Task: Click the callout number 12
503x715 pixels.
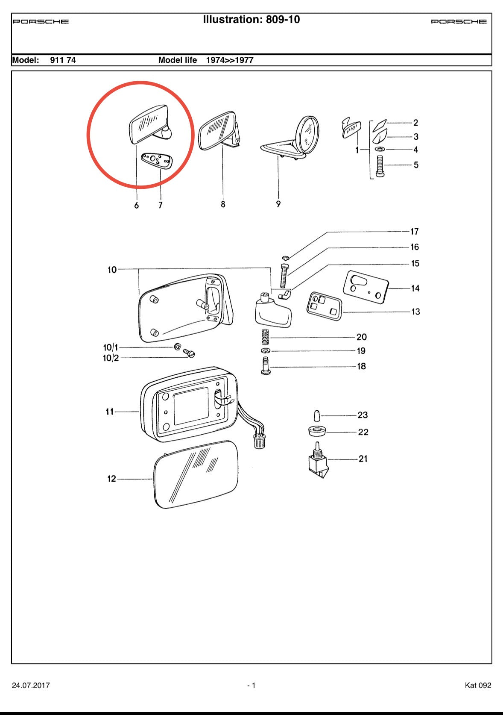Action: pos(111,479)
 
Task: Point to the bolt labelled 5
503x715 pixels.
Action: pos(380,166)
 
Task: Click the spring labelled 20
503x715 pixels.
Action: pos(265,337)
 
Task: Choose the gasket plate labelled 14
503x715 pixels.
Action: pos(366,287)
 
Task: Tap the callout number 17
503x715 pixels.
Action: pos(414,232)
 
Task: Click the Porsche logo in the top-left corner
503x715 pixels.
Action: pos(41,21)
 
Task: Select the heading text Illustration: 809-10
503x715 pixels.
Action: pos(251,20)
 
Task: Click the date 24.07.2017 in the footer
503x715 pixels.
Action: pos(31,685)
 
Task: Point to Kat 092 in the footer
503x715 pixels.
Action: pos(478,685)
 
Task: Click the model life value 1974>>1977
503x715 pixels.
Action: pos(230,60)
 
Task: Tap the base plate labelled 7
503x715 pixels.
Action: pos(157,161)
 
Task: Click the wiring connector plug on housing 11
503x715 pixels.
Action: pos(257,441)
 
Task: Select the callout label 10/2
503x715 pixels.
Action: pos(111,358)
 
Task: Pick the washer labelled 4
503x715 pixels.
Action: pos(379,149)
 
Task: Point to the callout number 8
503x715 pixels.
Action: pos(223,204)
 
